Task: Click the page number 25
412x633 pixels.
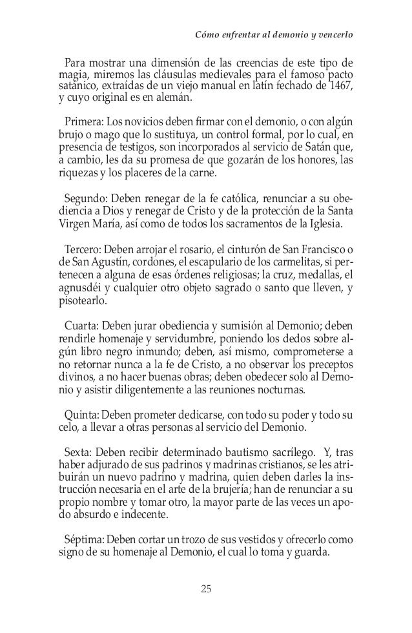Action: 206,588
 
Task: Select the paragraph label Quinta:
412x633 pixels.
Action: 82,414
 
